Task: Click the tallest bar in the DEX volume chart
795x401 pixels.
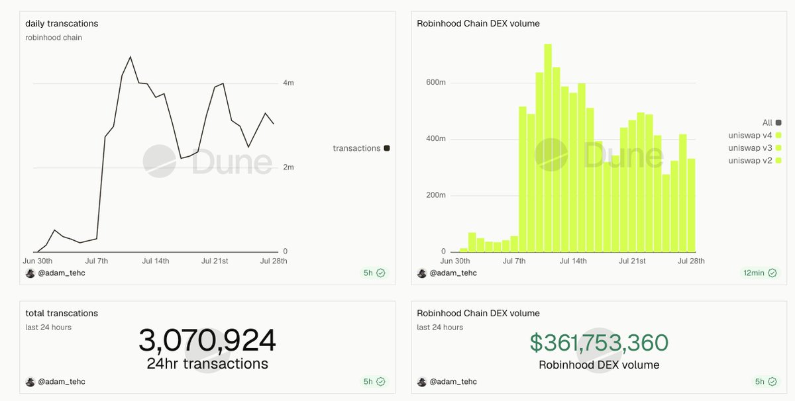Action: coord(548,148)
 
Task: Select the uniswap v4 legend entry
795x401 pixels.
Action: coord(755,135)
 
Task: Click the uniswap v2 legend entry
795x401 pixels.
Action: coord(755,161)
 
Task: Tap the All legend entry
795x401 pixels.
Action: coord(772,122)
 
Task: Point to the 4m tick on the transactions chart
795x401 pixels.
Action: coord(288,83)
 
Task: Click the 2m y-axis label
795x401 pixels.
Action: coord(288,167)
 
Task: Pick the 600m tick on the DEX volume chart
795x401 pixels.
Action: coord(435,82)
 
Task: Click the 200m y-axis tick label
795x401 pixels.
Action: coord(435,195)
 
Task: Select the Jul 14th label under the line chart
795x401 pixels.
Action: coord(156,261)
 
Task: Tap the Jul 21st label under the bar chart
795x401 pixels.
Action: coord(632,261)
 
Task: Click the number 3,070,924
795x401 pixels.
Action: coord(207,340)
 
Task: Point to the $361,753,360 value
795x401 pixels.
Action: coord(599,343)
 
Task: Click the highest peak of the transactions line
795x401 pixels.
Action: coord(131,57)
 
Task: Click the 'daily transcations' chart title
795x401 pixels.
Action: coord(62,23)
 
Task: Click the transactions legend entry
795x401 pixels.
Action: coord(361,148)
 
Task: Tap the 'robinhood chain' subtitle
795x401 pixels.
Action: coord(54,38)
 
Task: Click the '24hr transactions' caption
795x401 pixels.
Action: coord(207,364)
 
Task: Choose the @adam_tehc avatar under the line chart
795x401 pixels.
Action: coord(30,273)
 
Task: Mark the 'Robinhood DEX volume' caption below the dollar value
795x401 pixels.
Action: coord(599,365)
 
